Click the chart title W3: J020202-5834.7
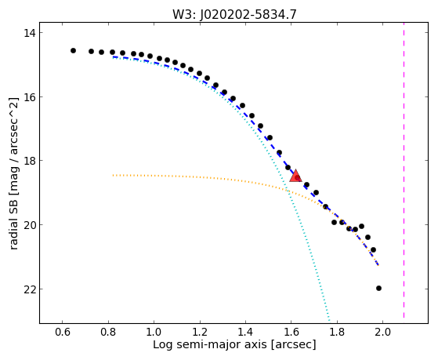[234, 14]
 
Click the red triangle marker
[295, 176]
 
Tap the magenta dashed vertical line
[404, 170]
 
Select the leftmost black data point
[73, 51]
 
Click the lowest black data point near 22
[378, 288]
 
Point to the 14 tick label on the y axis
[30, 33]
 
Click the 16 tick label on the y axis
[30, 97]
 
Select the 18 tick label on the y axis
[30, 161]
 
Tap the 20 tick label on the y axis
[30, 225]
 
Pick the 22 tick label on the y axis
[30, 289]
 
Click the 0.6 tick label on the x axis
[63, 332]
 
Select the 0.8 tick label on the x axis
[108, 332]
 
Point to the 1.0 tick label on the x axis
[154, 332]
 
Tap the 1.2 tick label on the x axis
[200, 332]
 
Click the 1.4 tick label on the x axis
[245, 332]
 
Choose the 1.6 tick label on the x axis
[291, 332]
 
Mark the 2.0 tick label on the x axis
[382, 332]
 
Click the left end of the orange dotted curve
[113, 176]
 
